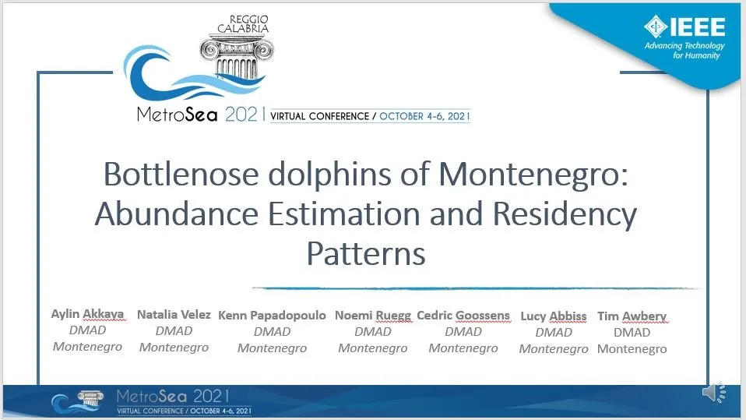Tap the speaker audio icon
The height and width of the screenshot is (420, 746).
[713, 393]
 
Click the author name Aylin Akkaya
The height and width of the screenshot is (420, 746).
[87, 314]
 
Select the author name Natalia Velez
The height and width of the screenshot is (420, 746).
[174, 315]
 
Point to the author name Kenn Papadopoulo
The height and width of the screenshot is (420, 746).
[272, 316]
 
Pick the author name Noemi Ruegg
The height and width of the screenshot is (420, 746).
[373, 316]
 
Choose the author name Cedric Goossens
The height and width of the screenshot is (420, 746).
[463, 316]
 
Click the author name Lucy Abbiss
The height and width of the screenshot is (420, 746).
[554, 316]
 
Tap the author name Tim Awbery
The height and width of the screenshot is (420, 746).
[632, 316]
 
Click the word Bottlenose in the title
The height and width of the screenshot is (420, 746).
[181, 175]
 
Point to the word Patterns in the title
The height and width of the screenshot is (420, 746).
[366, 253]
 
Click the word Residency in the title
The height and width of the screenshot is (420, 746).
[565, 214]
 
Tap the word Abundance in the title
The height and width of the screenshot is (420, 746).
[177, 214]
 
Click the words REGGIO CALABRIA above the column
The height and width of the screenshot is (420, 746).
[243, 24]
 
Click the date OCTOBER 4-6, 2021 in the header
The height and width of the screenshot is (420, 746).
[424, 116]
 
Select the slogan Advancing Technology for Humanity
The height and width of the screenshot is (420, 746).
[684, 51]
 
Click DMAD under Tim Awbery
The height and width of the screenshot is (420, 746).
[632, 333]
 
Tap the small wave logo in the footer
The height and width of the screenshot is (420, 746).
[78, 401]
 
